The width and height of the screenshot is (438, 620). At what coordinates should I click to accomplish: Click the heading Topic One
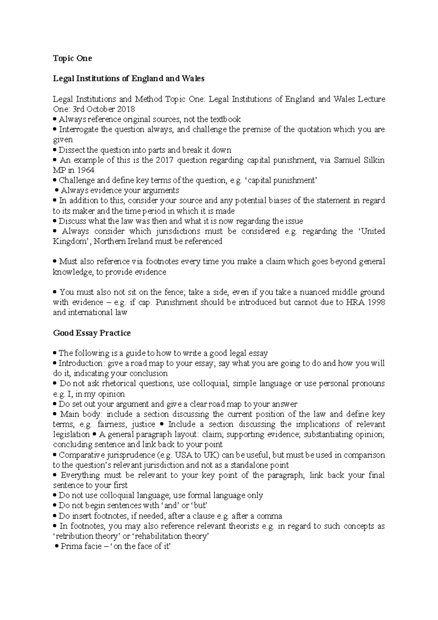click(x=72, y=58)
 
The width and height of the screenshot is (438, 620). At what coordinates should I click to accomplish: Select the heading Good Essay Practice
click(x=92, y=333)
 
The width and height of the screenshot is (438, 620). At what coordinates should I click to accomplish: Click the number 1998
click(x=376, y=302)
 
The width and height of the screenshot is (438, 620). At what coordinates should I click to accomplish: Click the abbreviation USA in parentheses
click(x=184, y=455)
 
